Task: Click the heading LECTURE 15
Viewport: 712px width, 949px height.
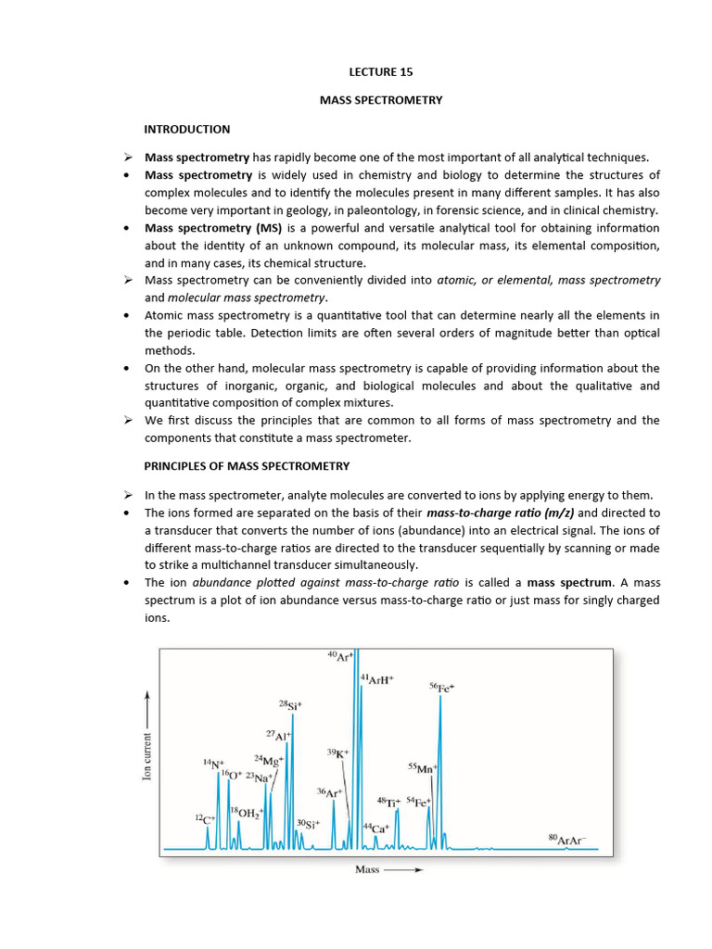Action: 381,70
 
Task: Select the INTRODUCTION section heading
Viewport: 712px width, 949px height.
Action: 187,129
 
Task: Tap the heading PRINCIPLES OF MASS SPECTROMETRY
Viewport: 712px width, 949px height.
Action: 247,465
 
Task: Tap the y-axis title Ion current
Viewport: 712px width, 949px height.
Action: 146,746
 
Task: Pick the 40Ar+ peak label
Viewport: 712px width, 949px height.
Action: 340,656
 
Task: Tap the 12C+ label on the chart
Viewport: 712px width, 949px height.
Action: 205,818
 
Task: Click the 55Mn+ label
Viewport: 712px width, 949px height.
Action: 422,768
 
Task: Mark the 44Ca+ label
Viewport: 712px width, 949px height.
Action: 375,827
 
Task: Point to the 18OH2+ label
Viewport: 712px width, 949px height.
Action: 247,813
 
